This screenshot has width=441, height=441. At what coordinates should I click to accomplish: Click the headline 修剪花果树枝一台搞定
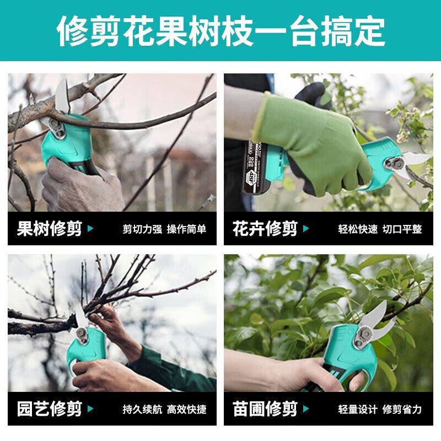220,30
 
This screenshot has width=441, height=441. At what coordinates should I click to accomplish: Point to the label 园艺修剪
50,409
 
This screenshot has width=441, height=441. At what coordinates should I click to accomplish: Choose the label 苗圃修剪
265,409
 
